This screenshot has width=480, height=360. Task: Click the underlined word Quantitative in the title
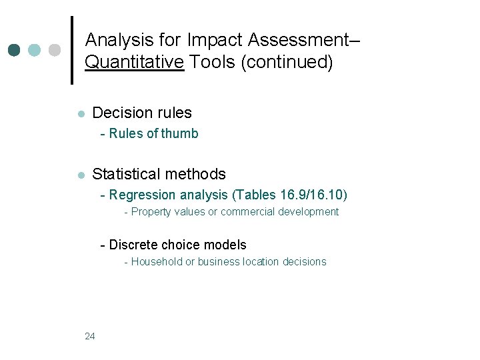pos(135,63)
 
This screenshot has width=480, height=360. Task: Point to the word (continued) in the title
pos(287,63)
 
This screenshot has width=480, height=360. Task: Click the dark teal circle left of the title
pos(15,50)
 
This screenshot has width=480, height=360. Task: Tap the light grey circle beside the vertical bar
pos(55,50)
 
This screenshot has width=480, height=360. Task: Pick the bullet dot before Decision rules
pos(79,114)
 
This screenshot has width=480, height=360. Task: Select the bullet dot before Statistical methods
pos(79,175)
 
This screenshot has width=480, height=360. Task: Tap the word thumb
pos(180,133)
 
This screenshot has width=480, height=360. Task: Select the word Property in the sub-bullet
pos(150,212)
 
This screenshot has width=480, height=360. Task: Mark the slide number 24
pos(90,336)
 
